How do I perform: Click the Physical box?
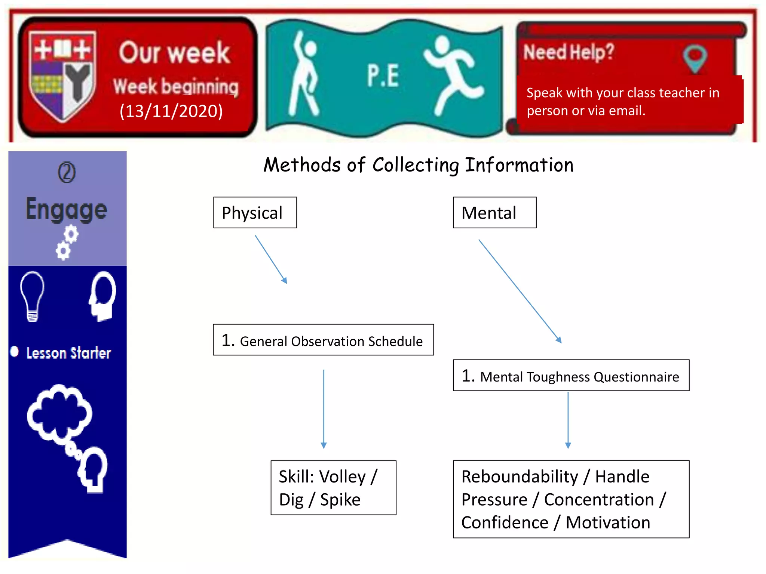tap(255, 213)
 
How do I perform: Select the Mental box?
tap(494, 213)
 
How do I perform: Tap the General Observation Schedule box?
tap(323, 340)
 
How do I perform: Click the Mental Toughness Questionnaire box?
tap(571, 376)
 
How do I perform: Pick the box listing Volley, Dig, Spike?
tap(333, 488)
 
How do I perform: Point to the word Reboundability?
tap(520, 477)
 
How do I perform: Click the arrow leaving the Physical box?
tap(271, 259)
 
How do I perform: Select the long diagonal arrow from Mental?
tap(520, 291)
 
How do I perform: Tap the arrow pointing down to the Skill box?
tap(324, 409)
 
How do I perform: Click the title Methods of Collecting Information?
tap(419, 165)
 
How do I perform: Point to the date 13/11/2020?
tap(171, 111)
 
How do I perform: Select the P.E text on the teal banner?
tap(383, 76)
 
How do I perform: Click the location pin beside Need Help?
tap(695, 59)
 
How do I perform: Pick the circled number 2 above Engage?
tap(67, 172)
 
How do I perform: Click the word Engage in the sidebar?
tap(67, 209)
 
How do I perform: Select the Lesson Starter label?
tap(68, 353)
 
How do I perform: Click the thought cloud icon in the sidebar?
tap(59, 413)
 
